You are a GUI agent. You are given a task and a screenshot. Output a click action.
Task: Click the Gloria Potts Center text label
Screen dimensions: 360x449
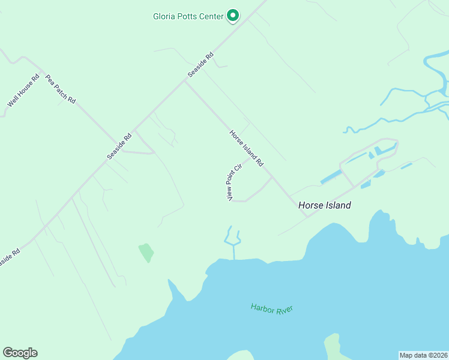(x=188, y=16)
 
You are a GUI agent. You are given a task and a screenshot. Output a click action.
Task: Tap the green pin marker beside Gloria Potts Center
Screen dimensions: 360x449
(x=233, y=16)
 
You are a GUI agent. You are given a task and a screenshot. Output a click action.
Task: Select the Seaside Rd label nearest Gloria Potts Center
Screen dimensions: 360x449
(x=200, y=65)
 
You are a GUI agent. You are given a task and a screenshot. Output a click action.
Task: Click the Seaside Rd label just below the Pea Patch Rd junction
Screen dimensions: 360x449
(x=119, y=146)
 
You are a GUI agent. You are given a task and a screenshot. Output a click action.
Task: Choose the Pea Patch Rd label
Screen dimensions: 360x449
(x=61, y=89)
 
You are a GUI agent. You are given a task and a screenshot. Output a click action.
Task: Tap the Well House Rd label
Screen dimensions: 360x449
(x=23, y=91)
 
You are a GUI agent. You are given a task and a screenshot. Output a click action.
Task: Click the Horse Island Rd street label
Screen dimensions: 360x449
(x=247, y=148)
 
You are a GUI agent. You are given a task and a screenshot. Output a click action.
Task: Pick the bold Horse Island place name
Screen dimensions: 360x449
(x=325, y=205)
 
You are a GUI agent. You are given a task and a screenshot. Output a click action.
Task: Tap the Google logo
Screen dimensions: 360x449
(x=20, y=353)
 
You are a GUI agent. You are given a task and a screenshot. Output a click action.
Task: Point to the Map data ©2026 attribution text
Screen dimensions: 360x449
(x=423, y=355)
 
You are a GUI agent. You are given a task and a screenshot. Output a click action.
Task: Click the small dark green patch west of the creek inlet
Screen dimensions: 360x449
(x=146, y=253)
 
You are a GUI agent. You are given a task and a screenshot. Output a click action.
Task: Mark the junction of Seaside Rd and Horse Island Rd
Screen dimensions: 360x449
(x=185, y=82)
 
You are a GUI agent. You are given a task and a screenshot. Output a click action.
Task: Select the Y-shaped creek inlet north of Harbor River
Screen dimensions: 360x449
(x=232, y=241)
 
